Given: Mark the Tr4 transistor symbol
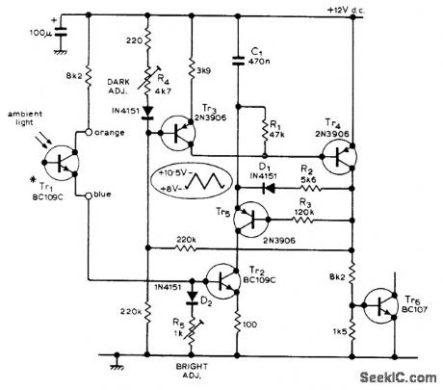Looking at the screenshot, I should [x=345, y=159].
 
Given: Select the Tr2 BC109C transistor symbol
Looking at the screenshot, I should [x=224, y=282].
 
